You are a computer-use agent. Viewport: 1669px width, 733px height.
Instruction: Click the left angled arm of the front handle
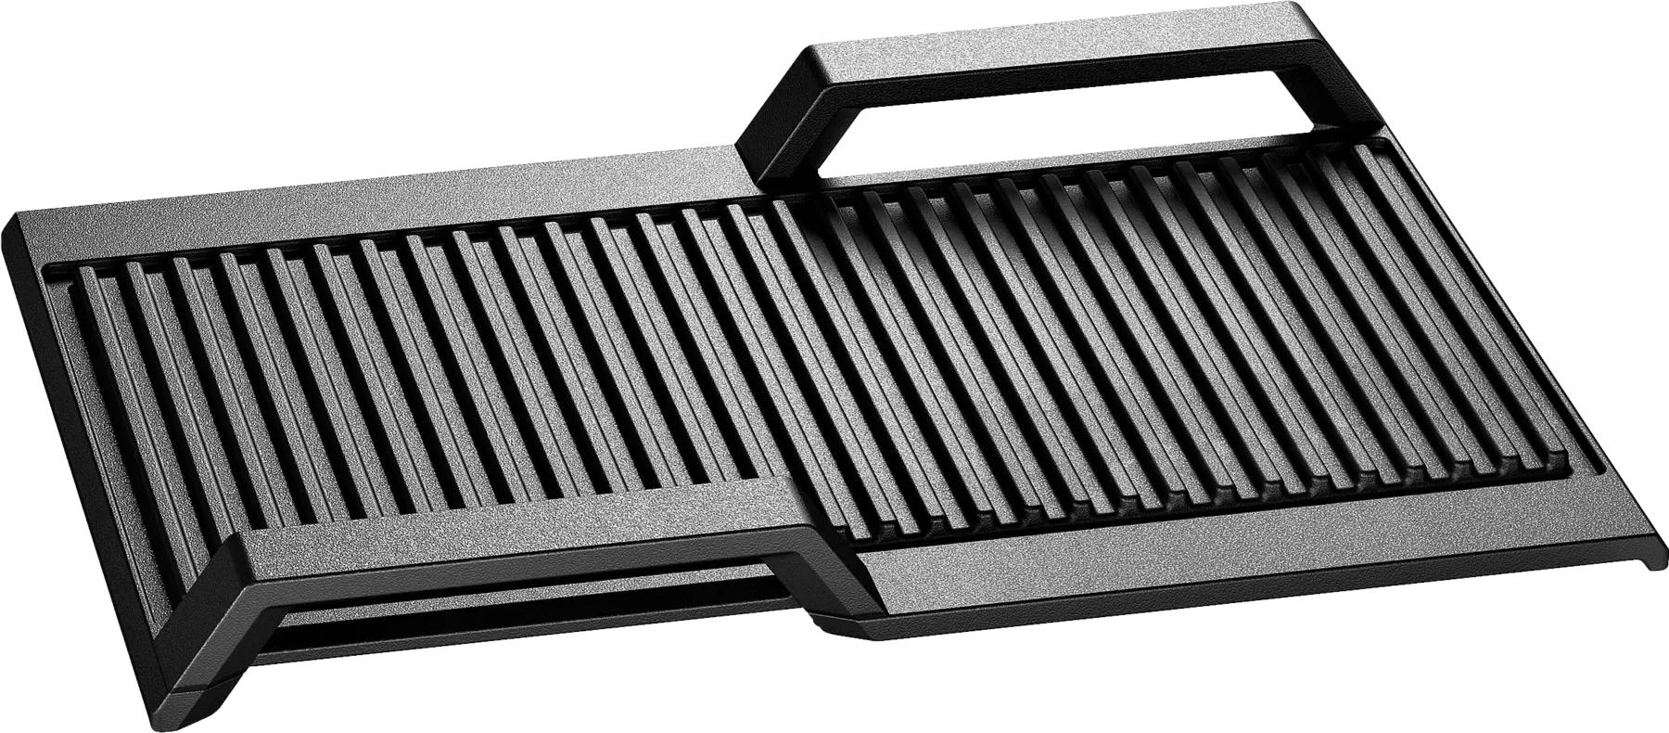coord(204,612)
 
